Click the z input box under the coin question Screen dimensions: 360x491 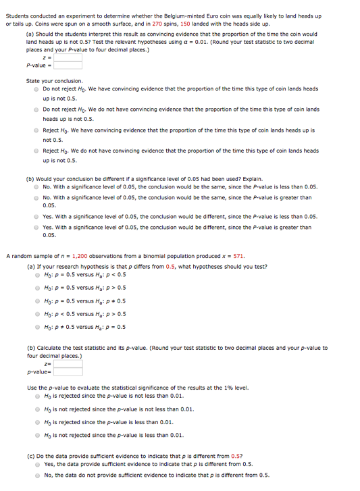(x=68, y=57)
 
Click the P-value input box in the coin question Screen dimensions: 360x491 (x=68, y=66)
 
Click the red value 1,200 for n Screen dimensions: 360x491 (x=80, y=257)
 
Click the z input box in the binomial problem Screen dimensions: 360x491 (x=68, y=363)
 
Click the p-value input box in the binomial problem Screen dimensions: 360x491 (x=68, y=371)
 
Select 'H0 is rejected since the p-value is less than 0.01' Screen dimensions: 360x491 (x=38, y=422)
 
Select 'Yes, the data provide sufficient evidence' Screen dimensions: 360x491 (x=38, y=464)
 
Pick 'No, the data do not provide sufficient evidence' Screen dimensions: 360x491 (x=38, y=475)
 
